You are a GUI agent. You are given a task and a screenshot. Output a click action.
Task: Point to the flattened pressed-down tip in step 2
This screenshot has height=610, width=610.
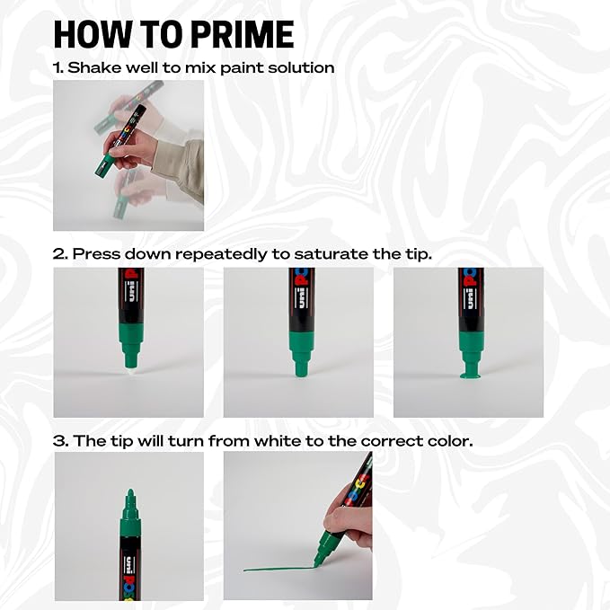[468, 370]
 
